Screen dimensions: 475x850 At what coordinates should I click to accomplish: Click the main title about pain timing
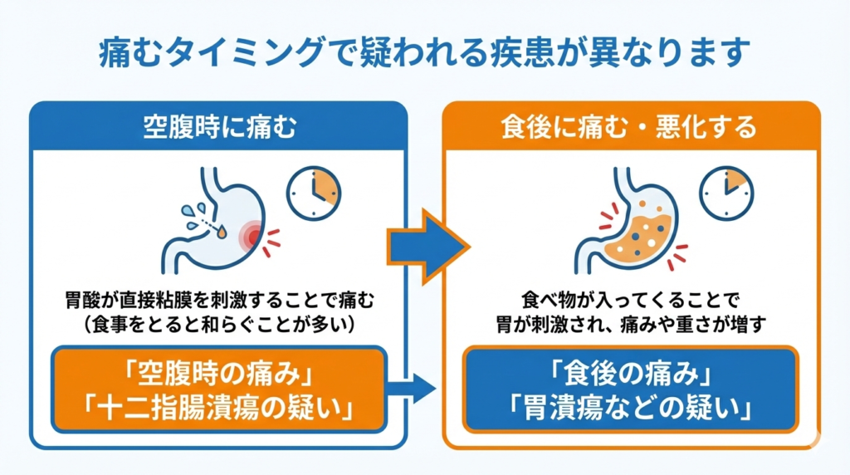424,51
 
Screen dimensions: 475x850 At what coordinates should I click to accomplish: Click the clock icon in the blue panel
313,193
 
